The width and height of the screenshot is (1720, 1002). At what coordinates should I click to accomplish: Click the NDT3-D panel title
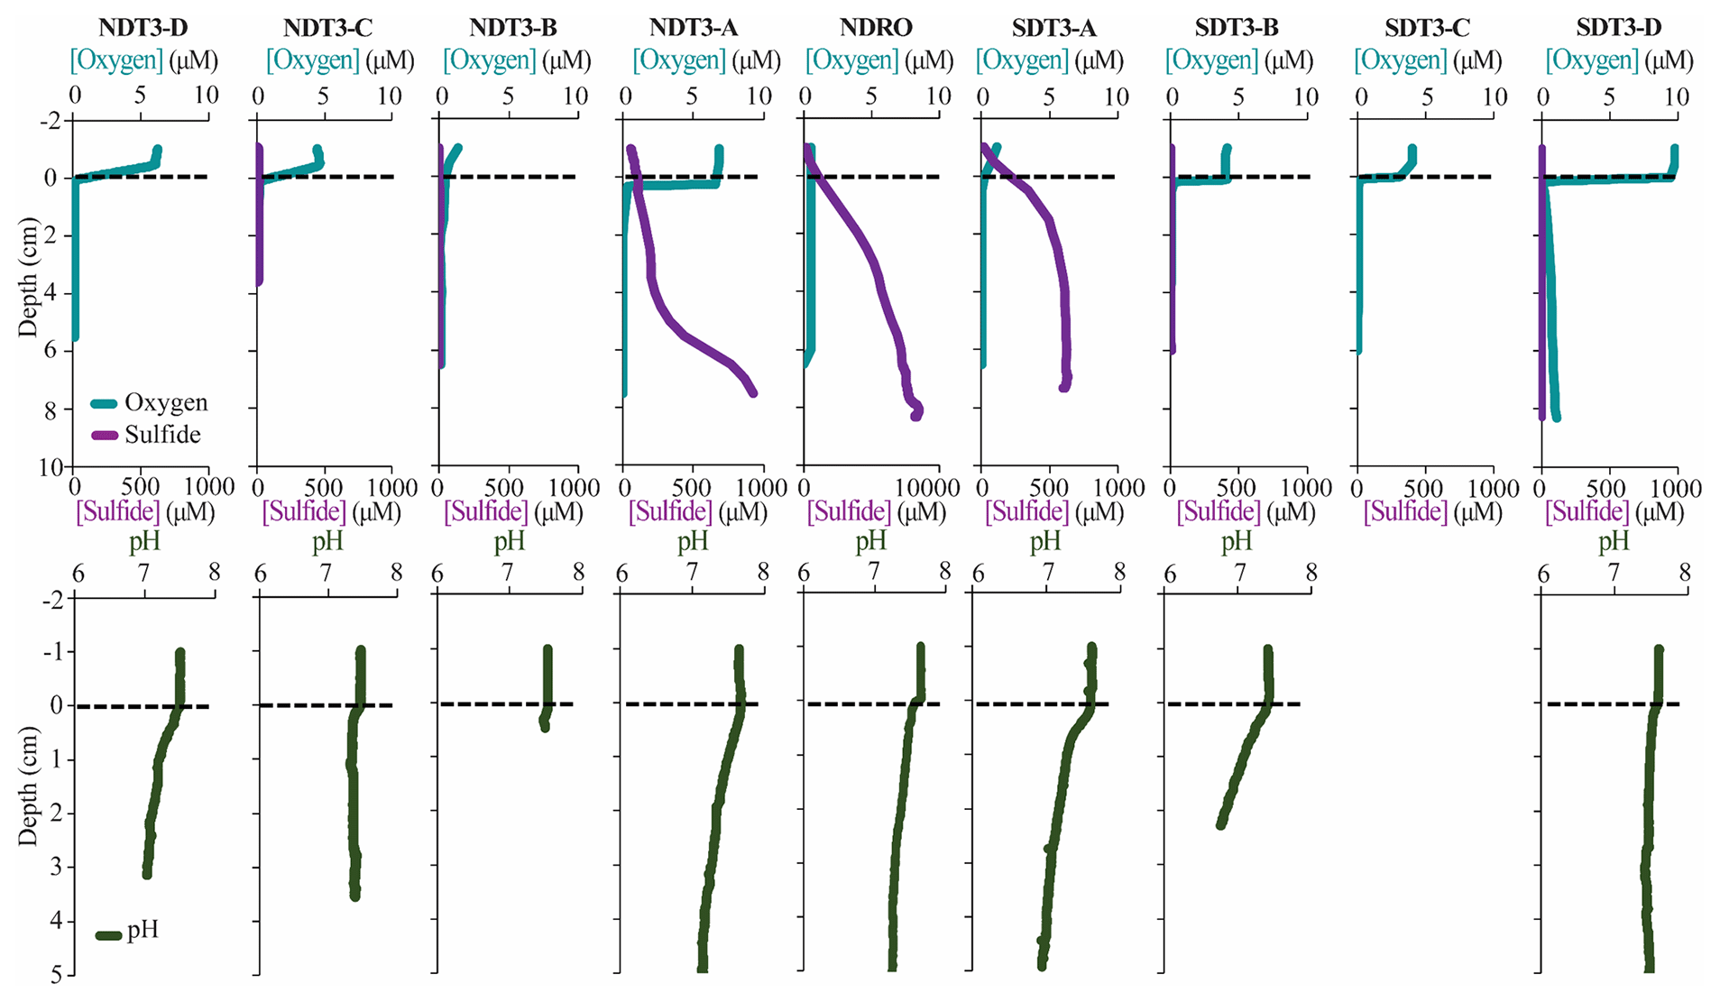coord(143,28)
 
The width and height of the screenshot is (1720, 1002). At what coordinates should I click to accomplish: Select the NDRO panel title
coord(876,28)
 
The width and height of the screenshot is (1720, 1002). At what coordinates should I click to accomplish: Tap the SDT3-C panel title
coord(1427,28)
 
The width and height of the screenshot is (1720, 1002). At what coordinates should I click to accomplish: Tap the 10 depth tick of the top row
coord(51,467)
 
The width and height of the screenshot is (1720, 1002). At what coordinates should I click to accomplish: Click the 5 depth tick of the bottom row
coord(56,975)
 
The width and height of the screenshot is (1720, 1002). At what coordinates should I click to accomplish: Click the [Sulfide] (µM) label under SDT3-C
coord(1432,512)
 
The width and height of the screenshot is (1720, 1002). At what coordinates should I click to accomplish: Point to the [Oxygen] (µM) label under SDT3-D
coord(1619,61)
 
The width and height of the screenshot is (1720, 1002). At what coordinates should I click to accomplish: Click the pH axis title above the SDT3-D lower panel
coord(1614,541)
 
